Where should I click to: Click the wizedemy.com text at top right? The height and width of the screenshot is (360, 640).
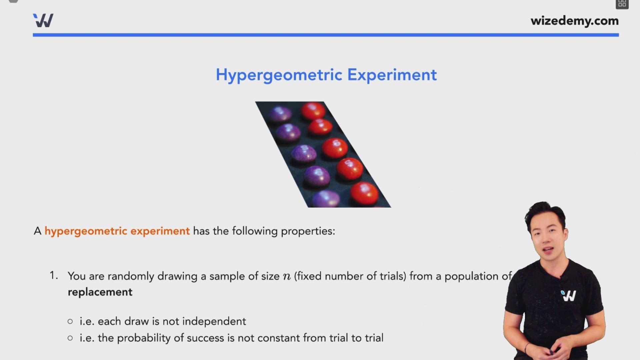[x=574, y=21]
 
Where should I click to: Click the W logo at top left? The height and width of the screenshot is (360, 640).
[x=43, y=21]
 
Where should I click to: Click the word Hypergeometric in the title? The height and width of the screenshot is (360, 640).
[x=279, y=75]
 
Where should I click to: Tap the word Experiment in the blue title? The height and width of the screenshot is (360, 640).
[x=392, y=75]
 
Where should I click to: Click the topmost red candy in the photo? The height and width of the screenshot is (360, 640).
[x=313, y=111]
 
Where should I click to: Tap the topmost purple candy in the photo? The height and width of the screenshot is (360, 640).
[x=280, y=114]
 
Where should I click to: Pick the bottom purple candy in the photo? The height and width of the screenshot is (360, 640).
[x=326, y=199]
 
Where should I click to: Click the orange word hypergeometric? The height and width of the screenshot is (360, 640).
[x=86, y=231]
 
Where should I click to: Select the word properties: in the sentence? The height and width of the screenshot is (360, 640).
[x=308, y=231]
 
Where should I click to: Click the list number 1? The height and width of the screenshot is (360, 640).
[x=53, y=275]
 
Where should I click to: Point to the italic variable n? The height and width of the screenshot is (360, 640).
[x=286, y=276]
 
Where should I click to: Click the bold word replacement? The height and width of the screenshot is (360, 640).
[x=100, y=292]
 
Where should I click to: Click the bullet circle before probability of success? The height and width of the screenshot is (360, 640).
[x=70, y=338]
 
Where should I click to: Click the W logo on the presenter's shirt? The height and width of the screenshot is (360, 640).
[x=568, y=295]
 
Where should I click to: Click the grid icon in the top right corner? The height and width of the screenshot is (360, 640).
[x=622, y=4]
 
